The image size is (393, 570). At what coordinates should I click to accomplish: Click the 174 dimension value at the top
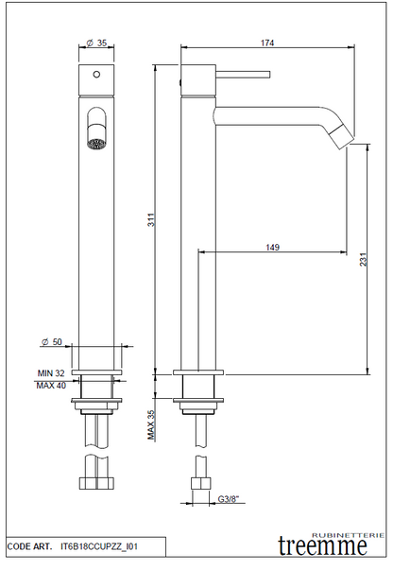pos(267,43)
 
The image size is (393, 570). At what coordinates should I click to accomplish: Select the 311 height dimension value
pos(151,220)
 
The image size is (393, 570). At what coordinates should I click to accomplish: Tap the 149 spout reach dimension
pos(272,248)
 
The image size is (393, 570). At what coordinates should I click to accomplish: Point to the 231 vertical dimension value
pos(364,259)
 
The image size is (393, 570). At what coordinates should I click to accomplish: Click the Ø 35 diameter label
pos(96,43)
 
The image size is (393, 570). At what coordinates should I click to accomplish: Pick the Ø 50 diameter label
pos(52,341)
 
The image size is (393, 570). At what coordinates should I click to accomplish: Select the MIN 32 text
pos(51,373)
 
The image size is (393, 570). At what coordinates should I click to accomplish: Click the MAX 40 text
pos(51,386)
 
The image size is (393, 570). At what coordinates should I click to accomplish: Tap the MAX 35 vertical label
pos(151,424)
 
